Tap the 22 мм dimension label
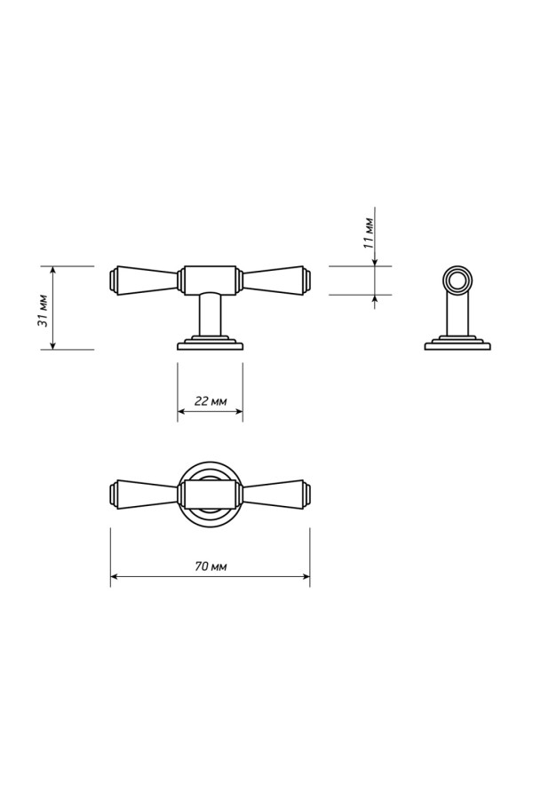point(211,401)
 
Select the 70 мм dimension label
point(211,566)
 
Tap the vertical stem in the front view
point(210,314)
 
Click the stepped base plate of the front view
point(210,343)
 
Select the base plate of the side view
point(457,343)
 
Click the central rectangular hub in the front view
point(210,280)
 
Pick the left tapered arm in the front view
point(144,280)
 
